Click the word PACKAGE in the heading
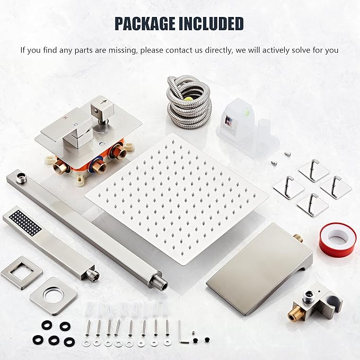coord(145,24)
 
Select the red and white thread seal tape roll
coord(338,240)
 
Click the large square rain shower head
coord(177,199)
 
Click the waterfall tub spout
coord(259,270)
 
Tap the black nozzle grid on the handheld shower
coord(25,223)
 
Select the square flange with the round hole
coord(54,296)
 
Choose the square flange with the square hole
coord(22,273)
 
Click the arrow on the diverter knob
coord(104,102)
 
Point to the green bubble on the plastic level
coord(247,113)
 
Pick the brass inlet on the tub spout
coord(298,238)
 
